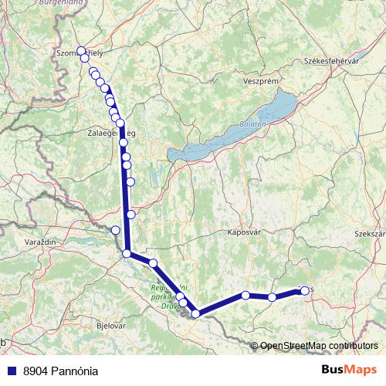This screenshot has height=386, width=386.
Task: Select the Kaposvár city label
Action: click(245, 232)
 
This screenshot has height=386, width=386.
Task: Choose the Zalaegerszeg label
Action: click(113, 133)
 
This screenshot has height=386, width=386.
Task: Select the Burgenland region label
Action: click(78, 3)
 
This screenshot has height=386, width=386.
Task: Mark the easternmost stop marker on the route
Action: click(304, 290)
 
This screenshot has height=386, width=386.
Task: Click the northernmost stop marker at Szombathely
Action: click(81, 51)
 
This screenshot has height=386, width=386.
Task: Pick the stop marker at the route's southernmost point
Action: click(196, 313)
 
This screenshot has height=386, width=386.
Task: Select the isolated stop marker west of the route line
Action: click(116, 229)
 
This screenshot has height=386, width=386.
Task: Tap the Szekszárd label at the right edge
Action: click(369, 233)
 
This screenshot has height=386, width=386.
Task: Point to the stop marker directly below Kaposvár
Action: click(245, 295)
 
